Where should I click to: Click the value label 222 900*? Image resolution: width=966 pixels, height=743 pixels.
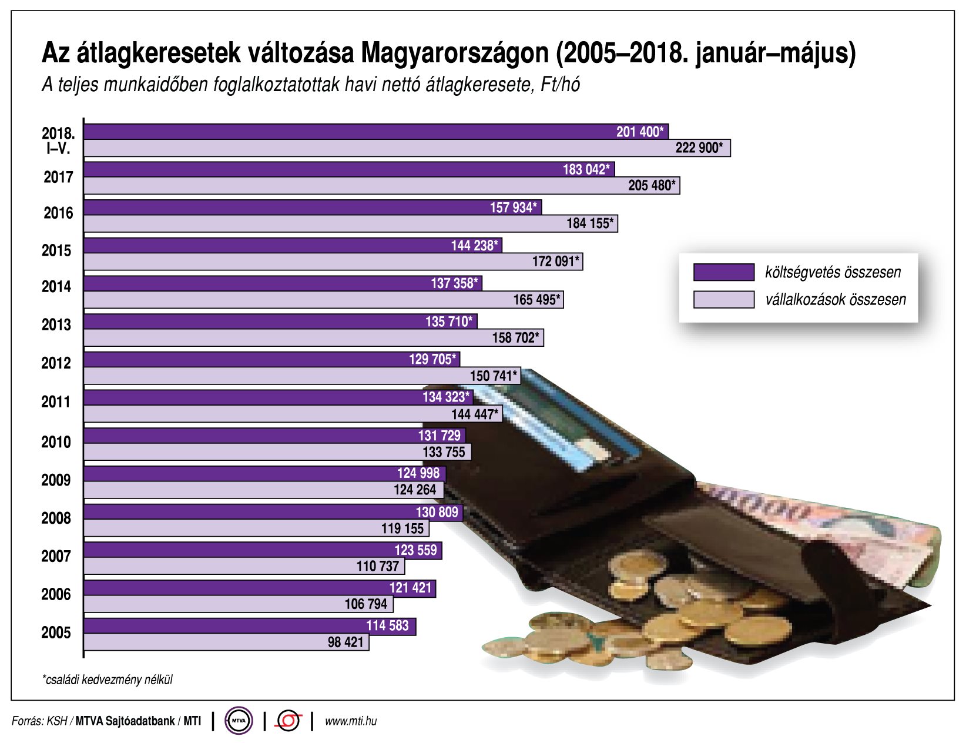click(699, 148)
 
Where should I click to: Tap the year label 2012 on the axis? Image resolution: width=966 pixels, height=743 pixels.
click(56, 363)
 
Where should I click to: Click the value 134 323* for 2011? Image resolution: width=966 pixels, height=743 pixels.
click(446, 397)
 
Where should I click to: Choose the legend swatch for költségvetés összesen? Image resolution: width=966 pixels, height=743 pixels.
click(723, 272)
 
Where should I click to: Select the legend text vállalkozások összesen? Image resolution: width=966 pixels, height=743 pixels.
click(835, 300)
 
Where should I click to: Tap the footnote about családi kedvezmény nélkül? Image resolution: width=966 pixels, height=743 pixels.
click(108, 680)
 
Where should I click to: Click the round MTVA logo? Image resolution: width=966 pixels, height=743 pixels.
click(239, 721)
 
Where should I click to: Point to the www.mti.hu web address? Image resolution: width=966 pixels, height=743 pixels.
click(351, 721)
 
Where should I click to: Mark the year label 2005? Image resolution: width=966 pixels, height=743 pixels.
click(56, 633)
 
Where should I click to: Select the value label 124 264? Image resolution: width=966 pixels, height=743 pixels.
click(415, 490)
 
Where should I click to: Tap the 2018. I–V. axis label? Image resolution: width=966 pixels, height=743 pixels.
click(58, 140)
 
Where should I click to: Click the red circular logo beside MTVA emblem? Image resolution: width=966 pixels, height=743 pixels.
click(289, 721)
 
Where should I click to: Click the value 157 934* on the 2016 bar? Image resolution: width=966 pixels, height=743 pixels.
click(513, 207)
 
